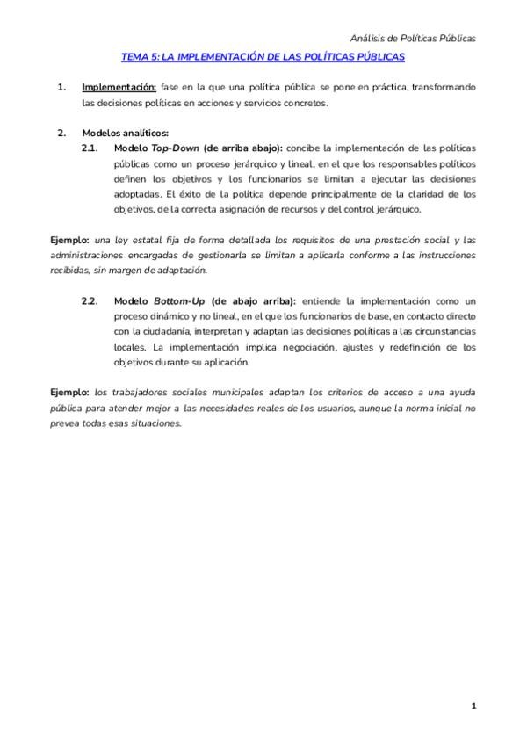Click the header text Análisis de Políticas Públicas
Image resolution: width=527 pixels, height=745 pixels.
pyautogui.click(x=413, y=39)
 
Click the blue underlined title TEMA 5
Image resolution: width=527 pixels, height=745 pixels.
pyautogui.click(x=263, y=57)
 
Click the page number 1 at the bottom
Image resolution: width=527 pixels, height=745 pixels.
pyautogui.click(x=473, y=705)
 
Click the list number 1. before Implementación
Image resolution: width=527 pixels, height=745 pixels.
pyautogui.click(x=61, y=88)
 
